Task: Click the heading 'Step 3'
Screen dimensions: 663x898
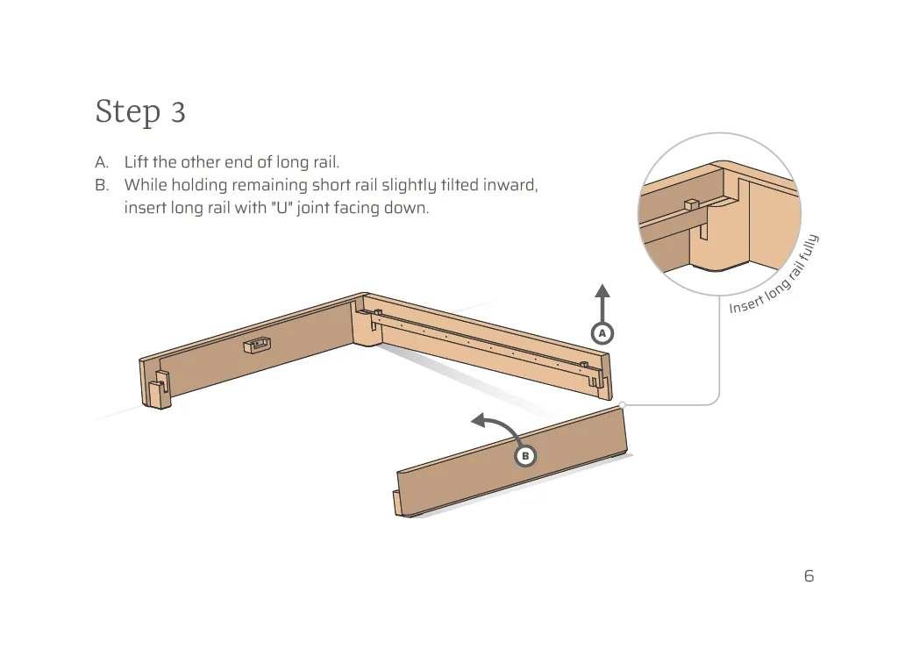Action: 140,112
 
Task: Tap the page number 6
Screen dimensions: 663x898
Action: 809,576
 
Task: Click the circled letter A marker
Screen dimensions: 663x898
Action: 602,334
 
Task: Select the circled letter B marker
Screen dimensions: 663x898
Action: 525,456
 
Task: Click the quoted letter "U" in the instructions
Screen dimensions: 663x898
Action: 282,209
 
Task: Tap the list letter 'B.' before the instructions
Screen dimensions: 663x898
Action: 102,185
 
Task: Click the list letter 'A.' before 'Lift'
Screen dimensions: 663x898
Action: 102,162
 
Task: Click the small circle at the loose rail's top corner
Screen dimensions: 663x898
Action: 621,404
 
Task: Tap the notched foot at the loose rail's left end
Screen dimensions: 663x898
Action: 400,505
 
